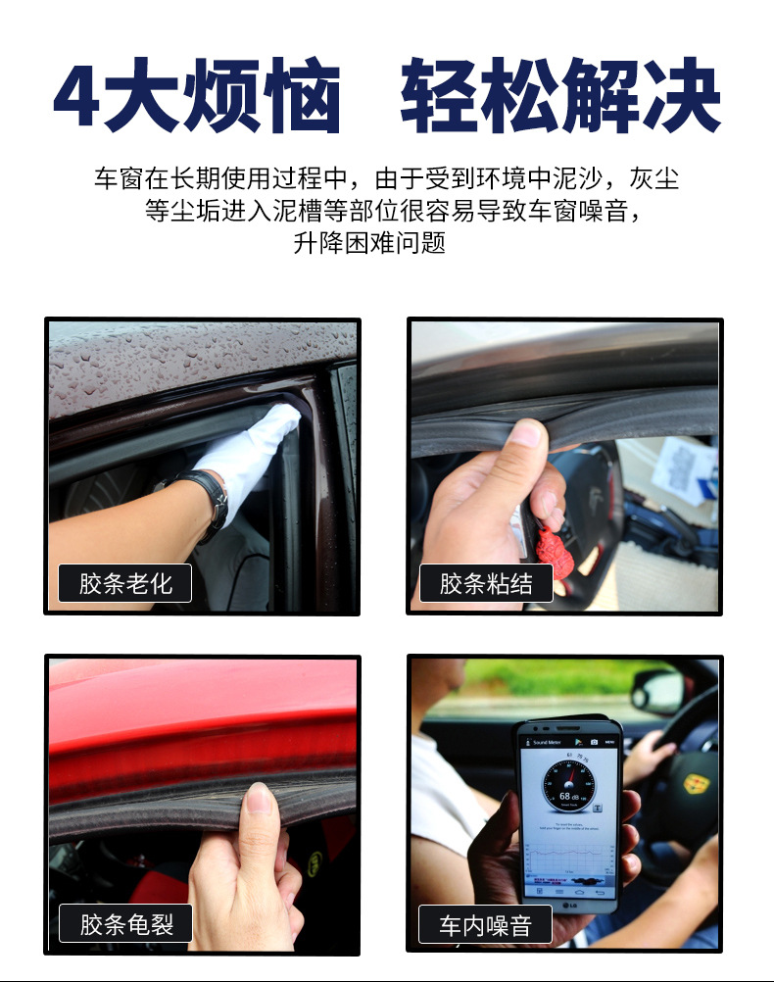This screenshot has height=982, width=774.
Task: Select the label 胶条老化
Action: click(125, 584)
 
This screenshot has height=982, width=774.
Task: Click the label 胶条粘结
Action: click(486, 584)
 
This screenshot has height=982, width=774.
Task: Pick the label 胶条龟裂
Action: click(125, 924)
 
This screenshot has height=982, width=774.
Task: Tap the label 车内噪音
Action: click(486, 925)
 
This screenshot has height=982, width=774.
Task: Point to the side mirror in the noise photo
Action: click(656, 692)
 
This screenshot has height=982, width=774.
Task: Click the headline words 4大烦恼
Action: click(197, 97)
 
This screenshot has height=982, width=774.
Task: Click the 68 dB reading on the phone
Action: click(569, 796)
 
